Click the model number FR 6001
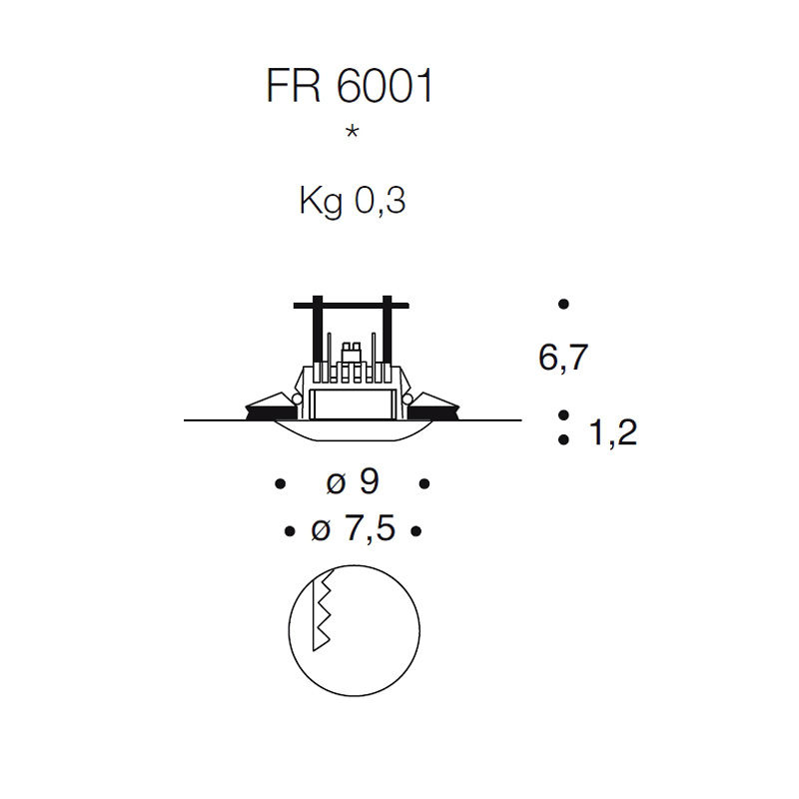point(351,88)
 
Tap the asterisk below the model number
point(352,133)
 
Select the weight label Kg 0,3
point(352,202)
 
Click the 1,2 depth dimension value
point(613,433)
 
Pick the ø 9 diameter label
point(353,483)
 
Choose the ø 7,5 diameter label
point(353,529)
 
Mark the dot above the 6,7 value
point(564,304)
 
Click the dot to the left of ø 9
point(280,484)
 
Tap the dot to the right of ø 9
point(424,484)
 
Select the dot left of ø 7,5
point(289,530)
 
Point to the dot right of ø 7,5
point(416,530)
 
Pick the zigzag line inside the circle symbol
point(322,614)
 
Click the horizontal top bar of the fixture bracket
point(352,304)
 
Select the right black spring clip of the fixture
point(435,405)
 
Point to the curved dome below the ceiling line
point(353,430)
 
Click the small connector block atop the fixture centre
point(352,352)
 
